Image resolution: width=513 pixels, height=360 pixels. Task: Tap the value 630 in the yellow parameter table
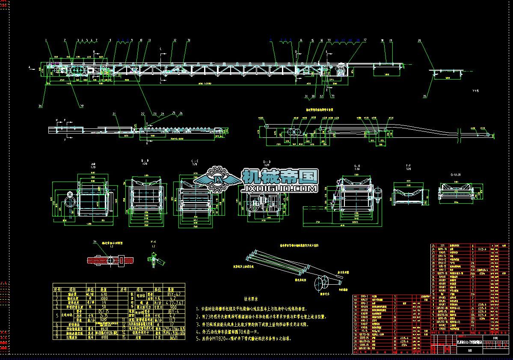coord(104,295)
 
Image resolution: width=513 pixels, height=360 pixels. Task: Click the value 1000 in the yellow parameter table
coord(104,299)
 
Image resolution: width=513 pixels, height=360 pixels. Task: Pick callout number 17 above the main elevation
coord(365,40)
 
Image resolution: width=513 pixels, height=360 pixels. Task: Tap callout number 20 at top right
coord(419,41)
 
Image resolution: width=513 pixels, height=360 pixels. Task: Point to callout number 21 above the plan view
coord(114,113)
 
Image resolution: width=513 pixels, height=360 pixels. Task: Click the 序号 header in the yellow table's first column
coord(56,290)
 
